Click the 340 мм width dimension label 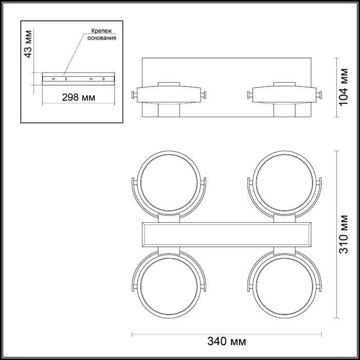click(227, 341)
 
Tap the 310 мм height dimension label click(344, 234)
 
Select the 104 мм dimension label click(344, 87)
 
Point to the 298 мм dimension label click(79, 97)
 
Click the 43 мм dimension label click(28, 44)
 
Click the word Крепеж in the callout click(101, 31)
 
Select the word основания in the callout click(101, 38)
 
